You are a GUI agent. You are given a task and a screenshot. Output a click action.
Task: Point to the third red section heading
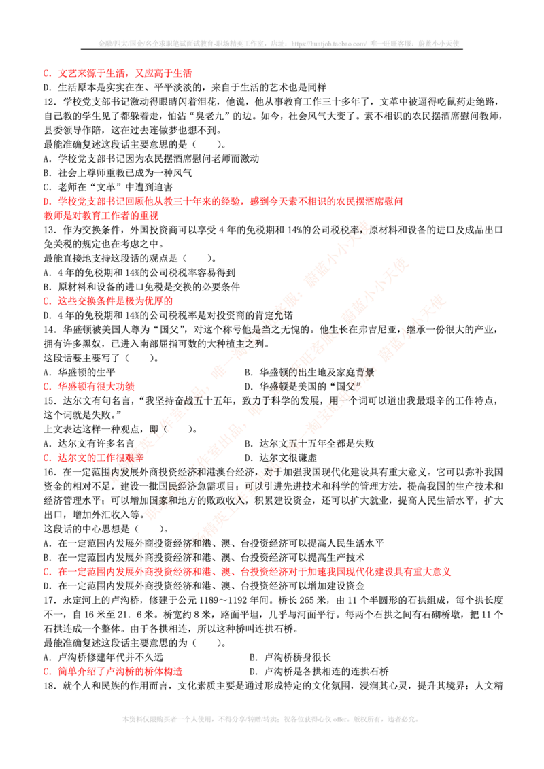(x=112, y=301)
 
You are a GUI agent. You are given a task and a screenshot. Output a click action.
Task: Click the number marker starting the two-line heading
(x=46, y=202)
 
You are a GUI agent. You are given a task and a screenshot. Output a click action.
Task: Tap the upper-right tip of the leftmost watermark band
(x=365, y=225)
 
